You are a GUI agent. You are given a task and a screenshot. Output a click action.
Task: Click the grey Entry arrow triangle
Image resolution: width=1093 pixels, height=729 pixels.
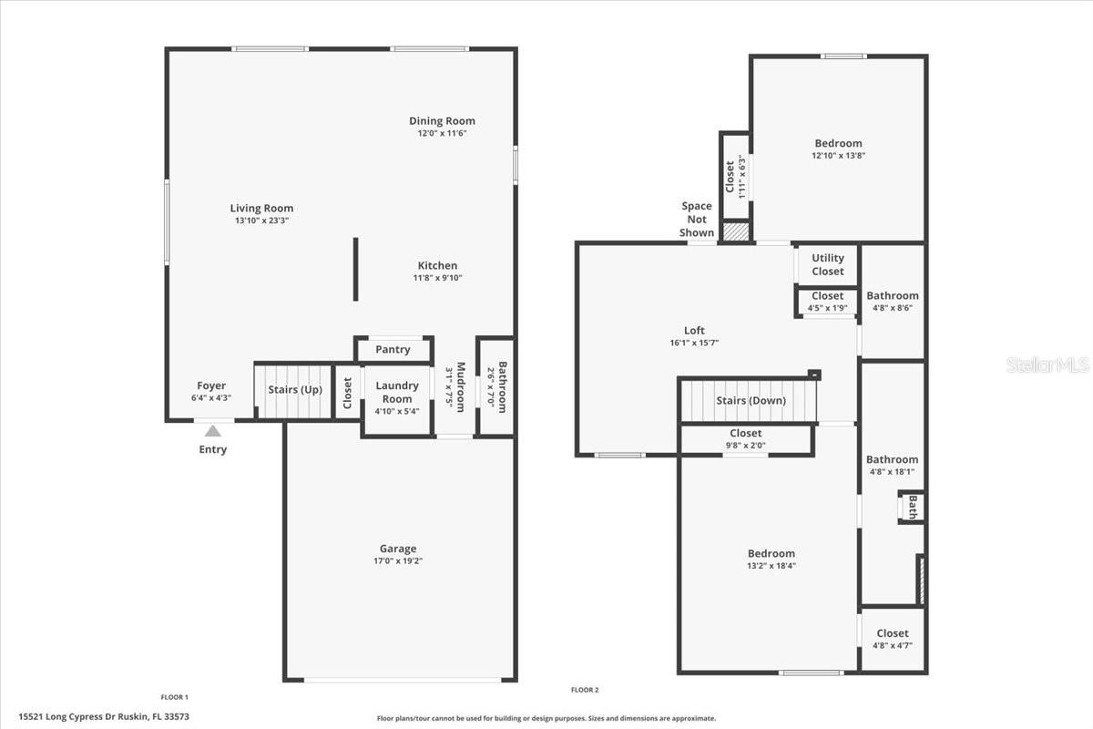(x=213, y=431)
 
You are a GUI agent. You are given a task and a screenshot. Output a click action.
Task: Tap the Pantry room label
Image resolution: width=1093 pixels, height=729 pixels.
(x=393, y=350)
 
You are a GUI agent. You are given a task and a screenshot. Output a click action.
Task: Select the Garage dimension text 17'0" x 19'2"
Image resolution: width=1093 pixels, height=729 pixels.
(x=398, y=561)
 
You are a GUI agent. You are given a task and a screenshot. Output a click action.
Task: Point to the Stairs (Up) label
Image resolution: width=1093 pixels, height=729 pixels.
(x=295, y=390)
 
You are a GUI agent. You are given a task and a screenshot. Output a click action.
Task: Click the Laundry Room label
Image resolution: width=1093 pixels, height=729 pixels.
(x=397, y=392)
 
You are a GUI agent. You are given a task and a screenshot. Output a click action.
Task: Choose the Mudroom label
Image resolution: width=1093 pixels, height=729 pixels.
(x=461, y=386)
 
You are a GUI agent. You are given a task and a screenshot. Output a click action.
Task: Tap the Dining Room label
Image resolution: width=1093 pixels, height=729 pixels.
(x=442, y=120)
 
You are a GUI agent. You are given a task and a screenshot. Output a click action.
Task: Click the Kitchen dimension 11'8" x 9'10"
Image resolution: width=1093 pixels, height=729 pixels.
(x=438, y=278)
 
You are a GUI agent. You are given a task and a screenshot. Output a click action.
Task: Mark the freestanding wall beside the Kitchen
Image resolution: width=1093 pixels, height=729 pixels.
(x=356, y=269)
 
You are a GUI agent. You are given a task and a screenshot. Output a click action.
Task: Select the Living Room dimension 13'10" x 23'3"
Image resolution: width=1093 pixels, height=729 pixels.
(x=262, y=221)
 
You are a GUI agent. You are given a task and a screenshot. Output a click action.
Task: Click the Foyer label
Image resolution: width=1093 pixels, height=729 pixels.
(x=211, y=385)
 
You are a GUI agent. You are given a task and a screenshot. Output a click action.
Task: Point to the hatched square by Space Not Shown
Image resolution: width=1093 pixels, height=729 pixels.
(x=736, y=231)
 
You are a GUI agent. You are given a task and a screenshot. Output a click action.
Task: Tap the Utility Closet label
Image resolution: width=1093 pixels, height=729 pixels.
(x=828, y=264)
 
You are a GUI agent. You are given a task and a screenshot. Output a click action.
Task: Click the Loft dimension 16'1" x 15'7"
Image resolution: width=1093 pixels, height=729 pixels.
(x=694, y=343)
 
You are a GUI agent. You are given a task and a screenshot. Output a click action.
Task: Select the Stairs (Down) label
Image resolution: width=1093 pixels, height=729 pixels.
(x=751, y=400)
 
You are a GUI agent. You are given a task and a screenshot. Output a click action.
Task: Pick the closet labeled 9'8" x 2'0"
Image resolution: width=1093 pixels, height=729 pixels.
(x=746, y=439)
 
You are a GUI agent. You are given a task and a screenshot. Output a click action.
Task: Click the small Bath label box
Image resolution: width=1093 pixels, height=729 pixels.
(x=912, y=508)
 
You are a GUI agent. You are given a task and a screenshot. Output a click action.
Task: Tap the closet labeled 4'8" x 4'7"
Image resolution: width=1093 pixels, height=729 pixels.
(x=893, y=640)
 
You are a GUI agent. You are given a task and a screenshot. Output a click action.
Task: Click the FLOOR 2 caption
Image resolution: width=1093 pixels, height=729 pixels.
(x=585, y=690)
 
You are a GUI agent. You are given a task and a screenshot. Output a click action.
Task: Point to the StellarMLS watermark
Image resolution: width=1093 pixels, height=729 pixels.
(x=1047, y=364)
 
